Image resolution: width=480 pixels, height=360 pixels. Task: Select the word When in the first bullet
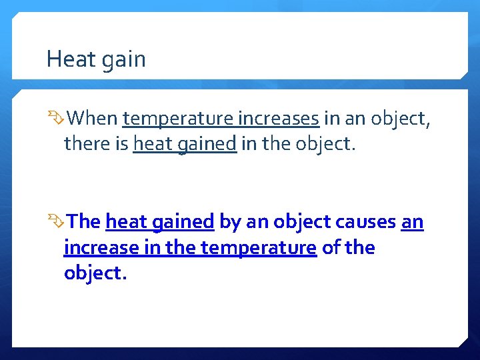click(93, 119)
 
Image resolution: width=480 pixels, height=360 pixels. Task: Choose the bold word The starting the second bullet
click(85, 221)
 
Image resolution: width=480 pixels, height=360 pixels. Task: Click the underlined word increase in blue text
click(100, 247)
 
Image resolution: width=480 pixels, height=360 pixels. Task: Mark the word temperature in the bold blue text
click(258, 248)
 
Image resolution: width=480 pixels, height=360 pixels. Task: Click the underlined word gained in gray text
click(208, 145)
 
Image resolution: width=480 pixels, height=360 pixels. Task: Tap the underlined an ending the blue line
click(412, 221)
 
